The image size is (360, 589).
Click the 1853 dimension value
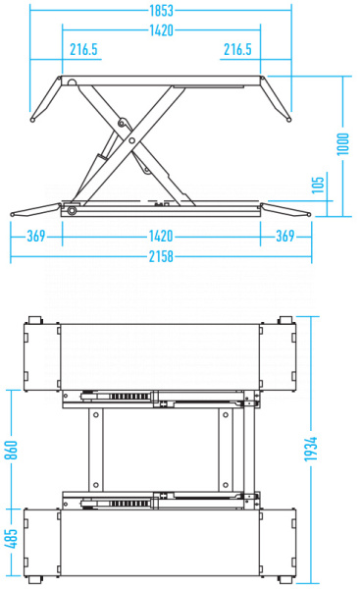162,11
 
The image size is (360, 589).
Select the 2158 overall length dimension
161,256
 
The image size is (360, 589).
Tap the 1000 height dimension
342,144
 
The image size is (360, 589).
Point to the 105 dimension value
318,185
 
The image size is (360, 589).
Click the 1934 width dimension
311,449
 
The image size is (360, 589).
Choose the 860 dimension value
11,450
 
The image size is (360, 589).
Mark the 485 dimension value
11,538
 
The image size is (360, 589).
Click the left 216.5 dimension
83,49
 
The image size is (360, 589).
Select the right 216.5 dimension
237,49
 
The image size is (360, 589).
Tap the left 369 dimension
36,236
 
